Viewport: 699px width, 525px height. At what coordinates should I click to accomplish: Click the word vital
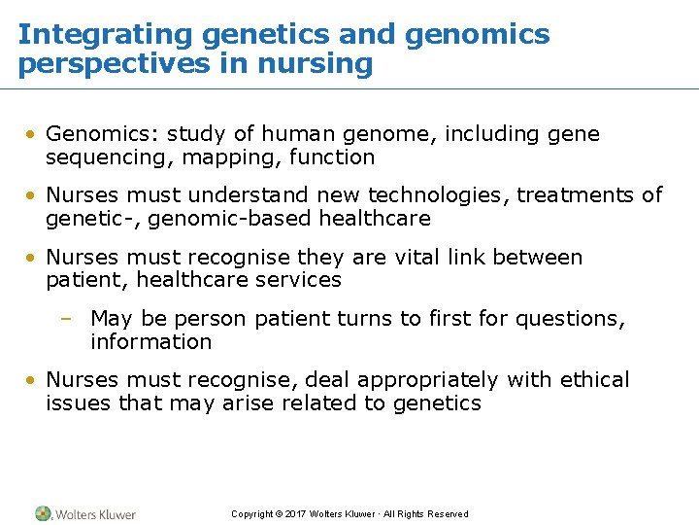tap(414, 258)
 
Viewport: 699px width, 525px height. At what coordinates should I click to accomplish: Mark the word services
tap(295, 280)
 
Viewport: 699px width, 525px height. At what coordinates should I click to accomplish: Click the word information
tap(150, 342)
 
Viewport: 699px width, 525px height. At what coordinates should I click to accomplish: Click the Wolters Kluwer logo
tap(85, 513)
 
